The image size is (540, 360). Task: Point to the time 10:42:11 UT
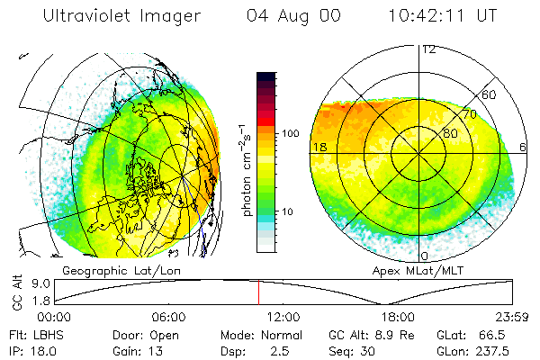[x=443, y=16]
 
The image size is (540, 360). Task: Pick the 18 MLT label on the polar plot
[x=318, y=147]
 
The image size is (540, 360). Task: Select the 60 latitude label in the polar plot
[x=490, y=94]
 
